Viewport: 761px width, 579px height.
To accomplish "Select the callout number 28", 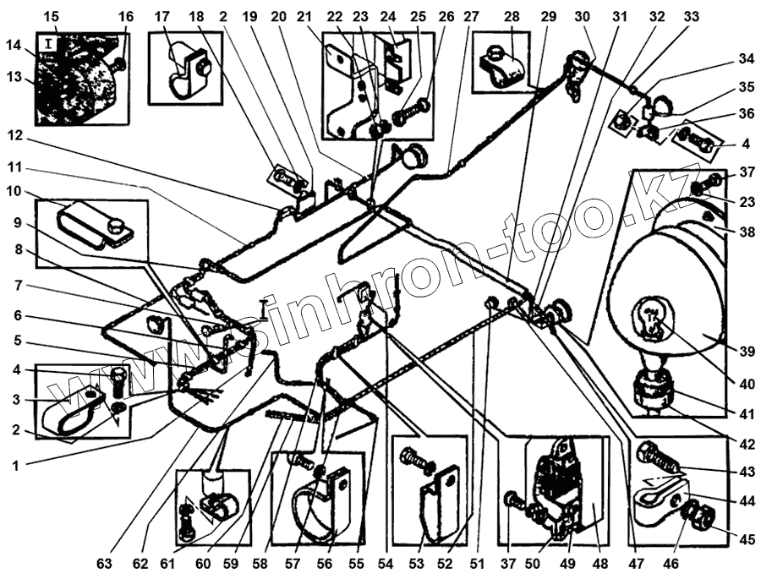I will (x=512, y=16).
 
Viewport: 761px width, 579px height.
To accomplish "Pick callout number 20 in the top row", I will (x=279, y=16).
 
